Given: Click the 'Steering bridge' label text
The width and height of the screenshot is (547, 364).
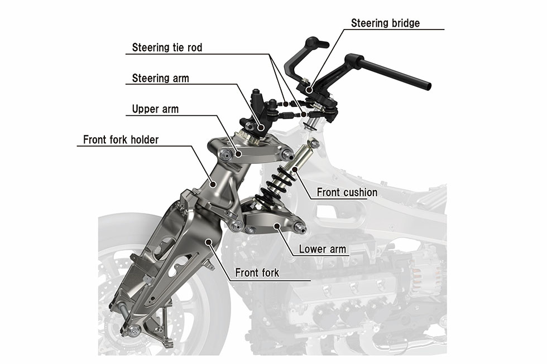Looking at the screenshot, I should [x=385, y=23].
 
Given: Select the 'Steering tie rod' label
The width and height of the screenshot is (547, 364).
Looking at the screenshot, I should [x=167, y=47].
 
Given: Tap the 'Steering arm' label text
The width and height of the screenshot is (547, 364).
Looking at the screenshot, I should [x=160, y=78].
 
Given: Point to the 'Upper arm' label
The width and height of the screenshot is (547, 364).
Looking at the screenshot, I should [x=155, y=109].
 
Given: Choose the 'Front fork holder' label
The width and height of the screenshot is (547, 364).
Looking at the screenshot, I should [x=121, y=139].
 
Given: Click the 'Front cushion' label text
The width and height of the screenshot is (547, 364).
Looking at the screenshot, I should [x=347, y=192].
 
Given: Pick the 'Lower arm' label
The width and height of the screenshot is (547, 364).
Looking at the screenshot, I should [x=322, y=249].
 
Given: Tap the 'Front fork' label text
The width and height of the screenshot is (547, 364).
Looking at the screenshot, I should [x=257, y=273].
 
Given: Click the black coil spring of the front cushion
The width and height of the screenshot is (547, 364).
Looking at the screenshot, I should [x=277, y=181].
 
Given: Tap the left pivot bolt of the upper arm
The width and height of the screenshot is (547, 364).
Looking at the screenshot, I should [x=225, y=155].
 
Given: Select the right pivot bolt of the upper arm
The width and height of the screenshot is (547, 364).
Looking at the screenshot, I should [x=287, y=154].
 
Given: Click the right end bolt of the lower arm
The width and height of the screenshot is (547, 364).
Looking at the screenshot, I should [x=299, y=227].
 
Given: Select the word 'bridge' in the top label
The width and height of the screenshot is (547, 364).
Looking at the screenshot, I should [x=404, y=23].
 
